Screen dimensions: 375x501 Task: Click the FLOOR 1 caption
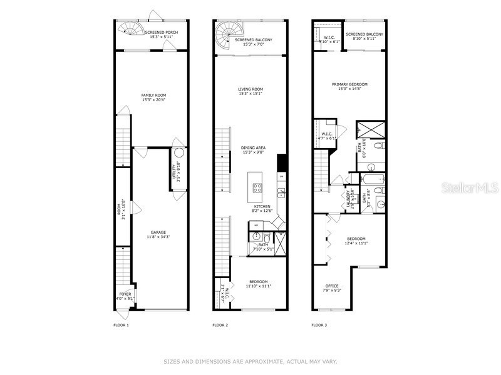(x=121, y=325)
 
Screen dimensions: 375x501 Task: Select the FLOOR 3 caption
(x=320, y=325)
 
